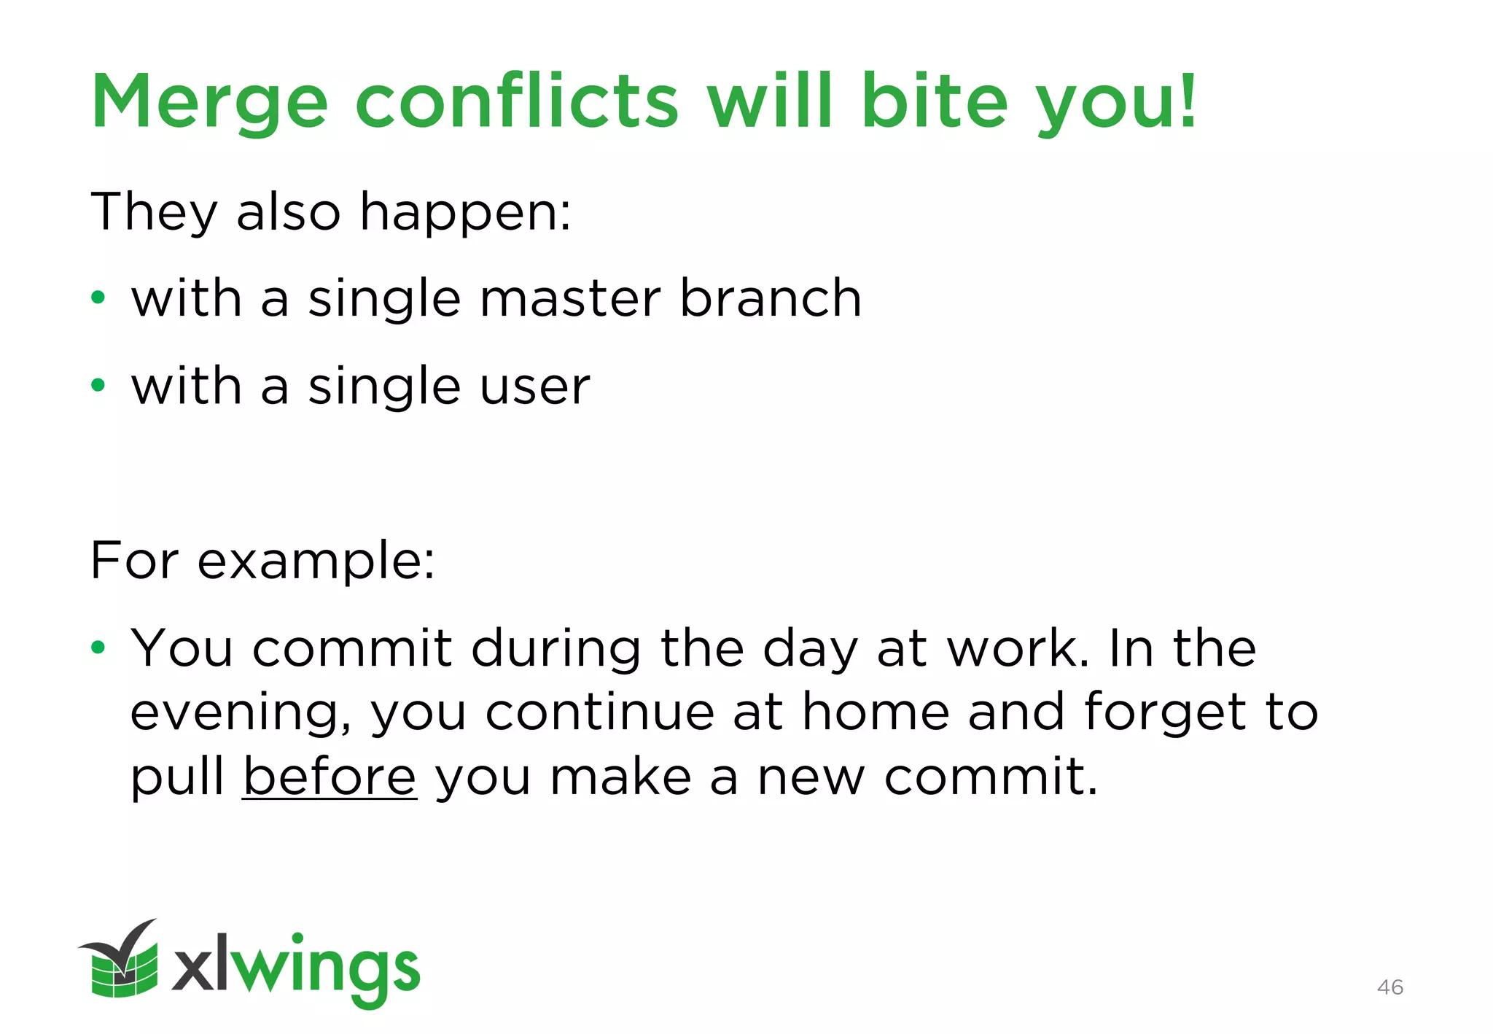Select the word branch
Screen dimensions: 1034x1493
click(771, 299)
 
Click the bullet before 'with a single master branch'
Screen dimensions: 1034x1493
click(98, 298)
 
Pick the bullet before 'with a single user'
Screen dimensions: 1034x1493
click(98, 385)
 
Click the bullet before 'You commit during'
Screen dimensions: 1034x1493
click(98, 647)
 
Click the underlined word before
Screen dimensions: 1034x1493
click(330, 776)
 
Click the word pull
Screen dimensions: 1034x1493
click(177, 777)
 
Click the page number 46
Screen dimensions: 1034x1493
click(1390, 987)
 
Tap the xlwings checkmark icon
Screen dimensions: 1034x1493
click(121, 959)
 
